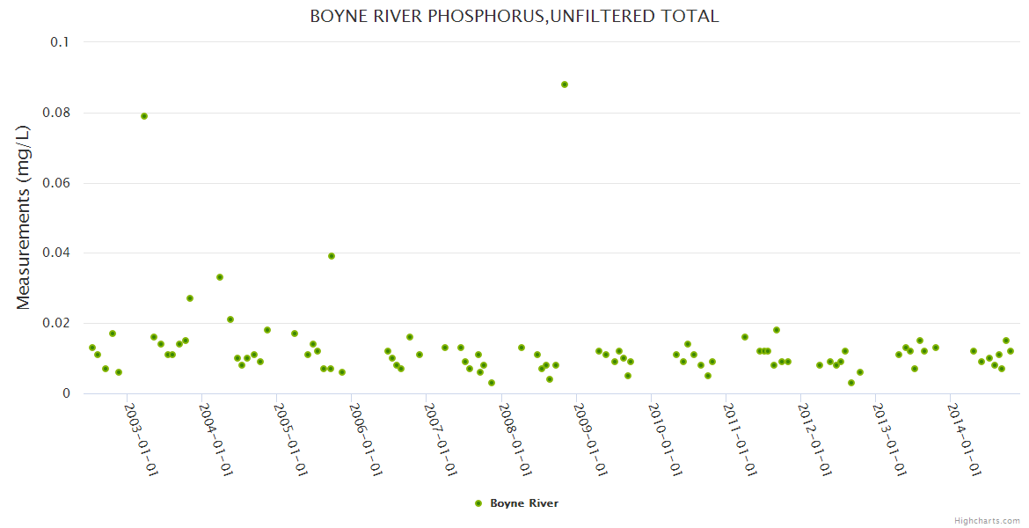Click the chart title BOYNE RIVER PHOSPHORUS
[514, 17]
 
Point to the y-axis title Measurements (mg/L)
[24, 217]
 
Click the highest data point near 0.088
[565, 84]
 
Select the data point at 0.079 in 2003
[144, 116]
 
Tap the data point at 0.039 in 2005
[332, 256]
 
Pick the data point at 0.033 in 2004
[220, 277]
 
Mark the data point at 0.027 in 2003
[190, 298]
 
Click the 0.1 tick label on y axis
[60, 42]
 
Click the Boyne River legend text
[524, 503]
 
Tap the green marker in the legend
[478, 503]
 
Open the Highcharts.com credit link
[988, 520]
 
